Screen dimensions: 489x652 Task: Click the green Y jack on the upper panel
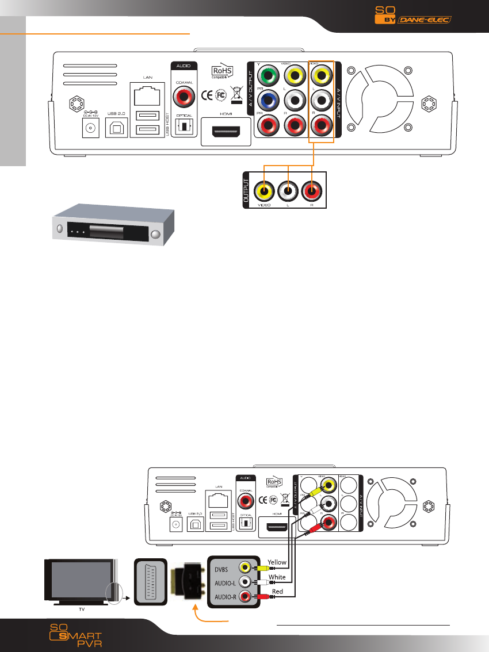point(268,76)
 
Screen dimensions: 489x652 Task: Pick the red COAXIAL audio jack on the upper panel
point(185,99)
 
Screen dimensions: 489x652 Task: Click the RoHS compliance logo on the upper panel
point(223,72)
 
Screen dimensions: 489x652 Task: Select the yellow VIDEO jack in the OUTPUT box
point(264,190)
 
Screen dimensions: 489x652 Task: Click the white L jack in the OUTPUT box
point(287,190)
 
